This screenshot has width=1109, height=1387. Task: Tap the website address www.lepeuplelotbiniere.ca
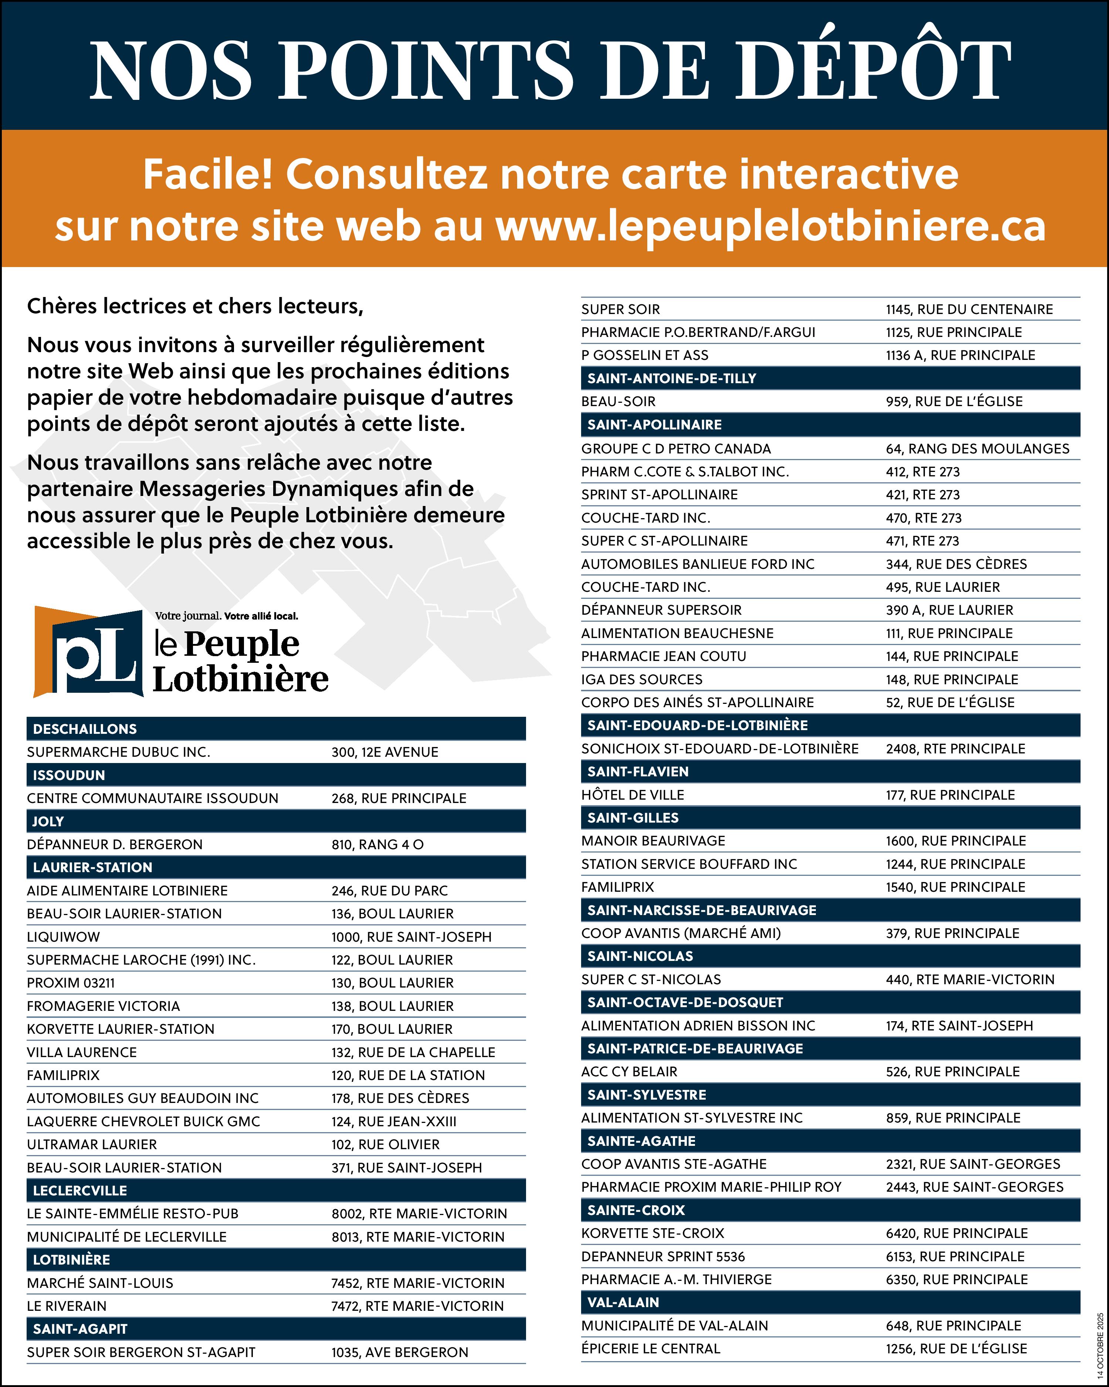[x=770, y=226]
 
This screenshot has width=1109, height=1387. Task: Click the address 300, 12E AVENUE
[x=384, y=752]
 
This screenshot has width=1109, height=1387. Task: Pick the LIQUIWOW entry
[x=64, y=937]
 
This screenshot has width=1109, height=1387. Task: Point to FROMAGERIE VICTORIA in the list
[x=104, y=1006]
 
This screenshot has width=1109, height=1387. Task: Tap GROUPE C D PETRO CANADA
[x=676, y=448]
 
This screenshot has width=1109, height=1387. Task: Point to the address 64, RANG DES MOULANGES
[x=977, y=448]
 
